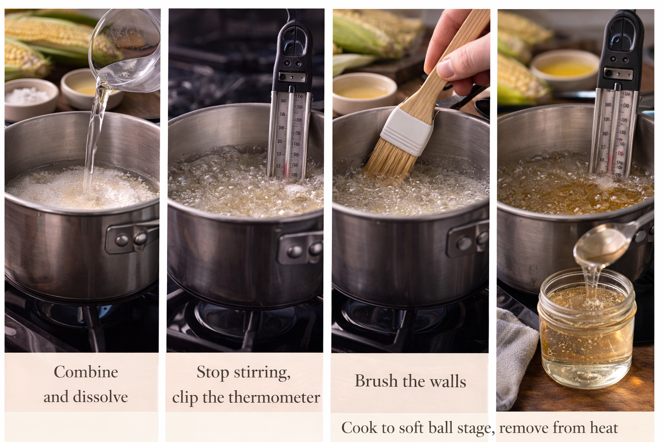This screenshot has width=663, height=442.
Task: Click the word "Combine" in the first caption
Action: [x=86, y=372]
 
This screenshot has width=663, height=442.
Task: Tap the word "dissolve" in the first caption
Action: [x=100, y=396]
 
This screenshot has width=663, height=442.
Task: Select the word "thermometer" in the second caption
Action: [x=274, y=397]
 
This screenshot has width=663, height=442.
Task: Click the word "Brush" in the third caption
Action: [x=376, y=381]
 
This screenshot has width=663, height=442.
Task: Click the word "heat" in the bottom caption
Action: [x=604, y=428]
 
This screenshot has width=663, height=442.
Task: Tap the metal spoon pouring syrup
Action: [x=604, y=246]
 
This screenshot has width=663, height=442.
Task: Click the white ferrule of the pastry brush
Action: [x=407, y=131]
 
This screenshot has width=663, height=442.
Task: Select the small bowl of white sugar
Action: [x=31, y=99]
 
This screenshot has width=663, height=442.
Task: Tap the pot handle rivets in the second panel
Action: [x=305, y=251]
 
